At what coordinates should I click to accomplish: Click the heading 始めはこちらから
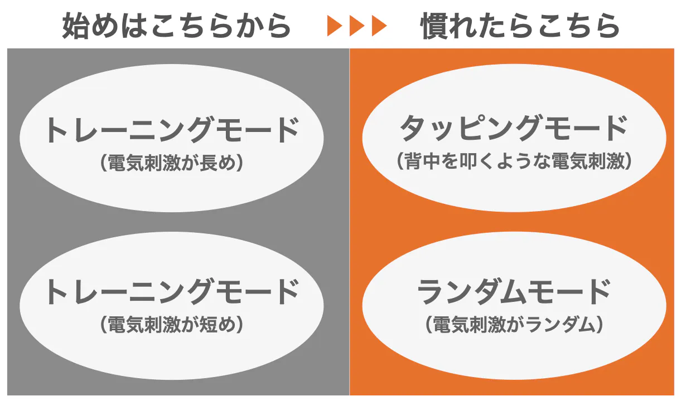[176, 26]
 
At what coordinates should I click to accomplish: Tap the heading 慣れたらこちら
[520, 26]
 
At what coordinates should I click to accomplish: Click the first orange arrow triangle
[335, 26]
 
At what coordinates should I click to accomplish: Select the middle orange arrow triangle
[357, 26]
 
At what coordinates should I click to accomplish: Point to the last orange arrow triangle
[379, 26]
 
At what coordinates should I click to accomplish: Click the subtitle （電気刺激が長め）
[172, 163]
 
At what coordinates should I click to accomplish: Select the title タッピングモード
[514, 129]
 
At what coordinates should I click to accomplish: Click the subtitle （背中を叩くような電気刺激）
[514, 162]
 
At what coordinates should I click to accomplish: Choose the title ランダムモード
[514, 291]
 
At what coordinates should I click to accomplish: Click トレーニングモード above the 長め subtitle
[172, 131]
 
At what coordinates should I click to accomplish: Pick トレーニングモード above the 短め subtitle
[172, 291]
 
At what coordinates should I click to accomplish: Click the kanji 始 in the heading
[76, 26]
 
